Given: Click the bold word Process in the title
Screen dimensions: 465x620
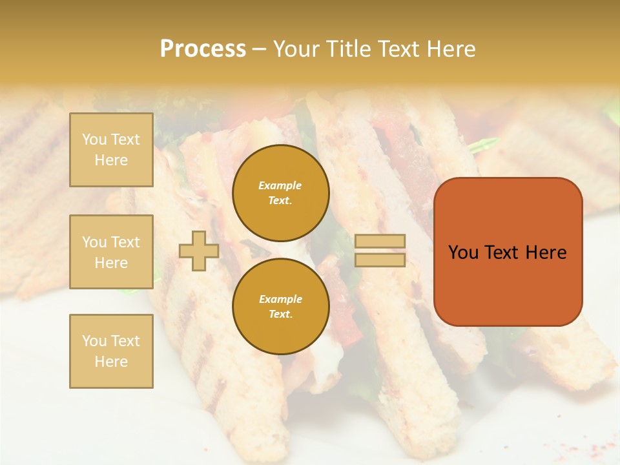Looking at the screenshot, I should point(203,49).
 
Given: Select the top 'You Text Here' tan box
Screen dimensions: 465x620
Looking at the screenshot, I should point(111,150).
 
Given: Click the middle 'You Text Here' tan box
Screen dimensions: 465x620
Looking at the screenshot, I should point(111,252).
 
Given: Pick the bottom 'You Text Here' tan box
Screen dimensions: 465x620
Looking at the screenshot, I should point(111,351).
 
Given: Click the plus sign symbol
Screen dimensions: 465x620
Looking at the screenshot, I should point(199,251).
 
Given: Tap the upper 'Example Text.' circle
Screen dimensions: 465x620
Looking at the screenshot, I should point(281,193).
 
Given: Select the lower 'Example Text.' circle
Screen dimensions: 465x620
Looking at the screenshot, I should point(281,307).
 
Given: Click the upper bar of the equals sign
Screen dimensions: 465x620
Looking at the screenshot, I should point(380,242).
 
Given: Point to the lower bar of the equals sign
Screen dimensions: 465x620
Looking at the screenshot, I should point(380,260).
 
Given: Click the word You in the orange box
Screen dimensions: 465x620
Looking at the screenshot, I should point(463,253).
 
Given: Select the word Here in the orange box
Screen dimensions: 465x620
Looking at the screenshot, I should point(546,253).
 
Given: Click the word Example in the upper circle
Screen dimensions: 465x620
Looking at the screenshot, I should point(280,185).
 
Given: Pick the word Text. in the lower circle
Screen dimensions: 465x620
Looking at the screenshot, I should point(280,315).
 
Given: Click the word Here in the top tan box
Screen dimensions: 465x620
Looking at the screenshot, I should point(111,160).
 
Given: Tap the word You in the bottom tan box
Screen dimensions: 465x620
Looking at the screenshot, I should point(94,341).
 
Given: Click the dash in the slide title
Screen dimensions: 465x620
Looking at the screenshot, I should point(259,49).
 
